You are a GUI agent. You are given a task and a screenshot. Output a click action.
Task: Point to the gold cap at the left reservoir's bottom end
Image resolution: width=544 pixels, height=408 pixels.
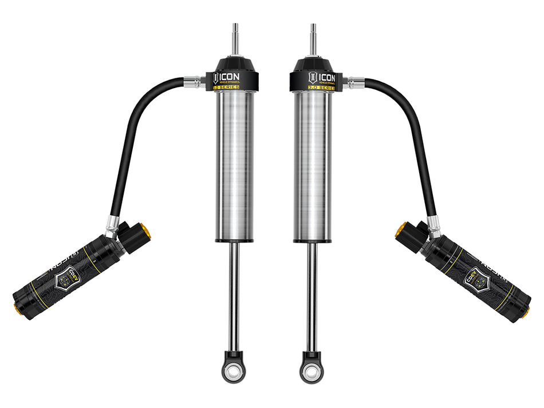coord(17,310)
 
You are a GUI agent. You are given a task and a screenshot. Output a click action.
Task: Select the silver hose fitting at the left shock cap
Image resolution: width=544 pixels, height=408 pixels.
coord(195,82)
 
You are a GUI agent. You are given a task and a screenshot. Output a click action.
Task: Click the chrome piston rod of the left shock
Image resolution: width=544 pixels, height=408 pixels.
coord(234,298)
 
